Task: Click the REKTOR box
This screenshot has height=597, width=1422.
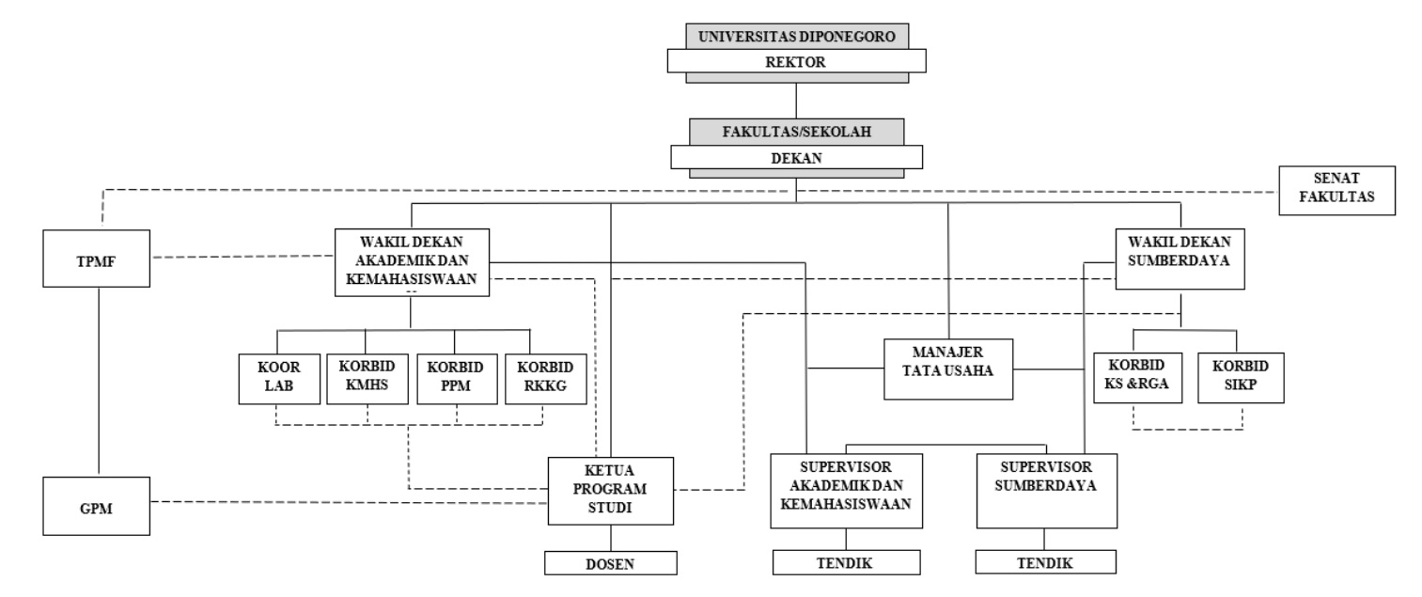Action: (x=796, y=61)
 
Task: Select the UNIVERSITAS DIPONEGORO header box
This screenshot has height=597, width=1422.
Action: (x=796, y=38)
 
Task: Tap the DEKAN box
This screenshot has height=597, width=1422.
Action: (x=796, y=157)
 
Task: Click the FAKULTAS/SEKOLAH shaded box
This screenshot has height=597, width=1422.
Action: (x=796, y=131)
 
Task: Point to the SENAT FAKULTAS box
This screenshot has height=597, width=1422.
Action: (x=1336, y=190)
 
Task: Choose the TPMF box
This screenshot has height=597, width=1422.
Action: (x=98, y=258)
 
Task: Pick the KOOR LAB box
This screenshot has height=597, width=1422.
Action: (x=276, y=379)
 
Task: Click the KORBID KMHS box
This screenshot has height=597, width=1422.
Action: (x=367, y=379)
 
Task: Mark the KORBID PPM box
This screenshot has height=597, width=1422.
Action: (x=456, y=379)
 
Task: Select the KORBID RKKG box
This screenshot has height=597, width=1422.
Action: (x=545, y=379)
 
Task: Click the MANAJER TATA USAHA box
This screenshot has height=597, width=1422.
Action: (x=948, y=369)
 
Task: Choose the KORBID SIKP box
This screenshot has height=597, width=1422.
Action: (x=1240, y=379)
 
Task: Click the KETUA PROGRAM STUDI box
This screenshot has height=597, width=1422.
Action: (x=611, y=490)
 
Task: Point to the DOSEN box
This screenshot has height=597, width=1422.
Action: (x=611, y=562)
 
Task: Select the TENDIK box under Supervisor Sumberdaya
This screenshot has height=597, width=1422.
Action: (x=1045, y=562)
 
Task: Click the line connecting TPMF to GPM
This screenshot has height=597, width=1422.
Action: (x=98, y=381)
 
